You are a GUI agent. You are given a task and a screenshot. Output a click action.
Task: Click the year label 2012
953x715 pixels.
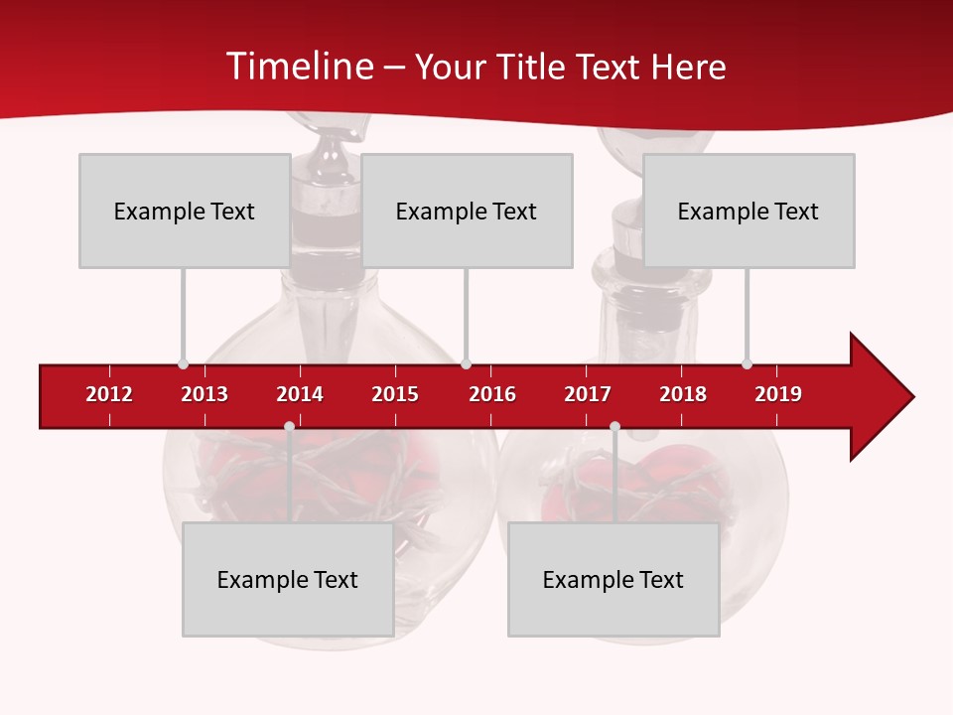pyautogui.click(x=109, y=394)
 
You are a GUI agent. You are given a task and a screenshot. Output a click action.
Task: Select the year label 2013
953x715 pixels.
pyautogui.click(x=204, y=394)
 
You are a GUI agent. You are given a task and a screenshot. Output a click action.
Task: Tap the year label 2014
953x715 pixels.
pyautogui.click(x=300, y=394)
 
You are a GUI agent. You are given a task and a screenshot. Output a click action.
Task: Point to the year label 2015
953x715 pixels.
pyautogui.click(x=395, y=394)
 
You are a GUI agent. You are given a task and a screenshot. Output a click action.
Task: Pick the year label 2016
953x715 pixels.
pyautogui.click(x=492, y=394)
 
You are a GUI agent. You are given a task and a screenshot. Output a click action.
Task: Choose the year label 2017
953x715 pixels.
pyautogui.click(x=588, y=394)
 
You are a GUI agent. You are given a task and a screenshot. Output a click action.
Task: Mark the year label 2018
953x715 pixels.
pyautogui.click(x=683, y=394)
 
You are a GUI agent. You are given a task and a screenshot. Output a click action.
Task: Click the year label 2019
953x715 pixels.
pyautogui.click(x=778, y=394)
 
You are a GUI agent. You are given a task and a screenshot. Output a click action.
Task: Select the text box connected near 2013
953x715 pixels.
pyautogui.click(x=185, y=211)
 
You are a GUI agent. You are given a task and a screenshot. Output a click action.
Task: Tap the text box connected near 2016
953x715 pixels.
pyautogui.click(x=467, y=211)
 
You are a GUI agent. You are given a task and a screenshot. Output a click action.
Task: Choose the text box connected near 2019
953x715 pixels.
pyautogui.click(x=749, y=211)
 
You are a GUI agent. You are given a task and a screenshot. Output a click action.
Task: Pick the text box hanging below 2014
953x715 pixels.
pyautogui.click(x=288, y=580)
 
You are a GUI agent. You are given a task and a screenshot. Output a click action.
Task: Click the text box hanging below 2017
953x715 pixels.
pyautogui.click(x=613, y=580)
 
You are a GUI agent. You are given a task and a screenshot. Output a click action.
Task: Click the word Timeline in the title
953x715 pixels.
pyautogui.click(x=299, y=67)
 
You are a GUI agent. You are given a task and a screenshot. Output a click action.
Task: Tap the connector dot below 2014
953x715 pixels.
pyautogui.click(x=289, y=426)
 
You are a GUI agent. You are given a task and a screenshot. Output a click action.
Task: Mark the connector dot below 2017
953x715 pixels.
pyautogui.click(x=614, y=426)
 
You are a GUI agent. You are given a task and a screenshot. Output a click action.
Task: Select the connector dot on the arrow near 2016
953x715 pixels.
pyautogui.click(x=466, y=364)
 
